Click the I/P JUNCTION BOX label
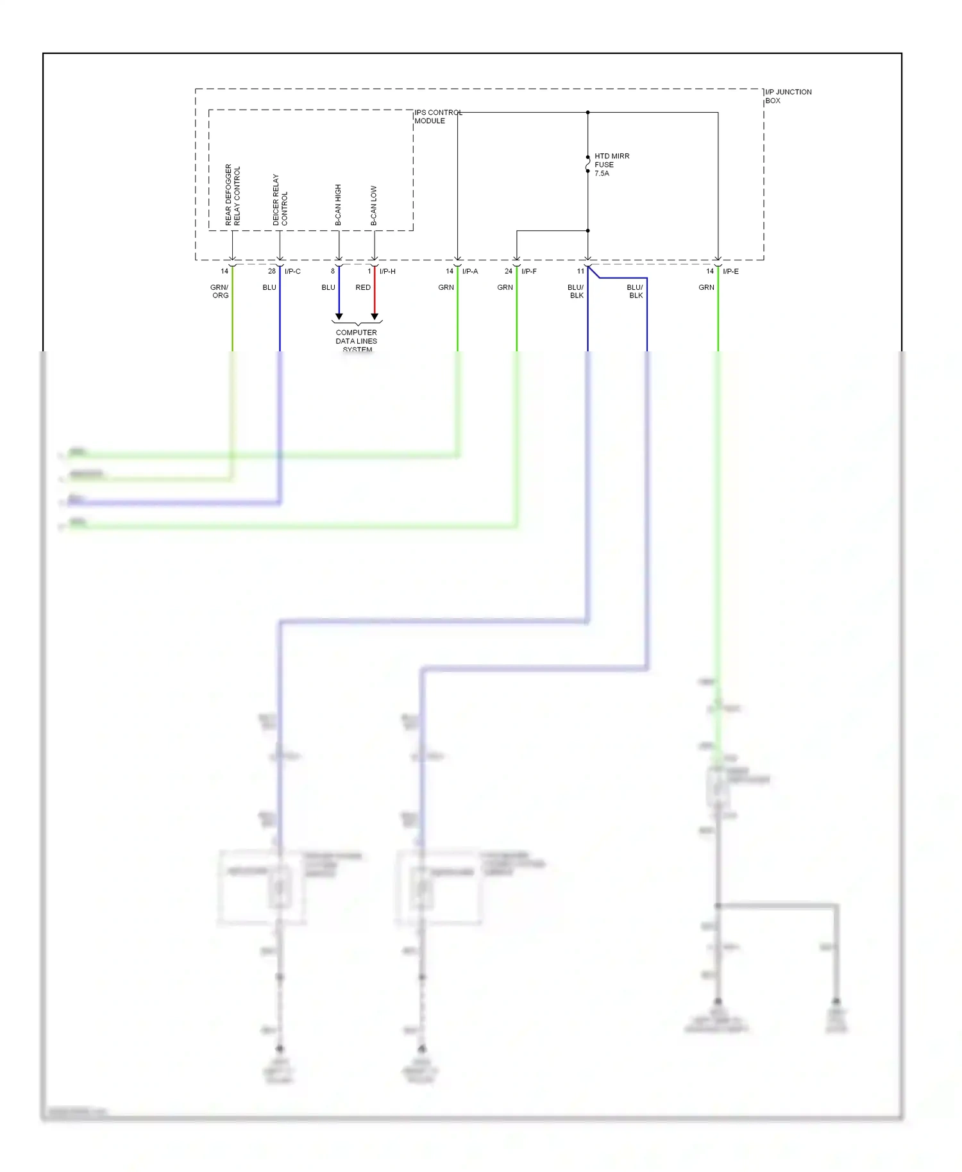coord(788,96)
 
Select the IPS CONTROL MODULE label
coord(437,117)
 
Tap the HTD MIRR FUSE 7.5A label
coord(611,165)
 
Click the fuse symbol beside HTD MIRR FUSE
coord(587,164)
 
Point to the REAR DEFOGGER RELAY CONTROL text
coord(232,195)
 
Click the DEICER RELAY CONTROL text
coord(280,199)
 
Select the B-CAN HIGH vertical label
coord(338,205)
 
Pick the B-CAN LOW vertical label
coord(374,206)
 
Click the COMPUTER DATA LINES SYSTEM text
coord(356,340)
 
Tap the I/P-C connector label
coord(292,271)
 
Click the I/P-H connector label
coord(387,271)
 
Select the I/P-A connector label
coord(470,271)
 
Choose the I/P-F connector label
coord(529,271)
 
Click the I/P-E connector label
coord(730,271)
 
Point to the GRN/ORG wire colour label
coord(219,291)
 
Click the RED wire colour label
coord(363,287)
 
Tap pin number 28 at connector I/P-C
coord(272,271)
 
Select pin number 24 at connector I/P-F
coord(509,271)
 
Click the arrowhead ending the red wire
coord(375,317)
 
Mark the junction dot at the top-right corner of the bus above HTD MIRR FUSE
coord(587,112)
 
